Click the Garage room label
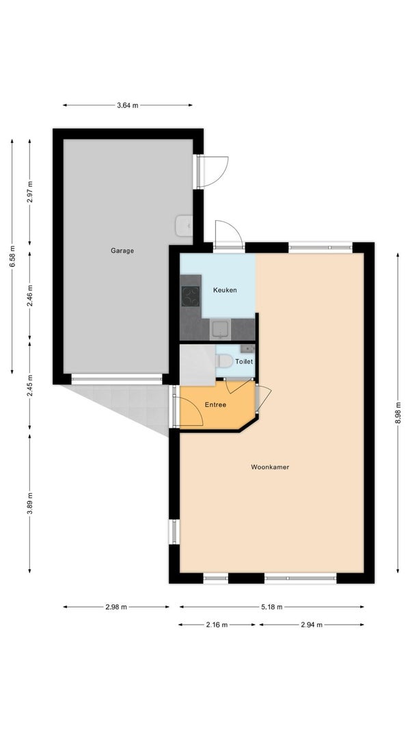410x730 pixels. (x=122, y=250)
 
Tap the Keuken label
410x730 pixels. (x=225, y=290)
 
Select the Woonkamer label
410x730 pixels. (x=270, y=467)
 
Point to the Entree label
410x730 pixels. (x=216, y=405)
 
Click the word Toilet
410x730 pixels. (x=244, y=362)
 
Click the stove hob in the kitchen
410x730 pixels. (x=190, y=296)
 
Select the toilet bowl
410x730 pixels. (x=224, y=361)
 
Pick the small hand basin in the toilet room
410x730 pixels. (x=247, y=348)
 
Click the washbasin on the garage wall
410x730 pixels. (x=184, y=226)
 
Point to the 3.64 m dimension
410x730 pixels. (x=127, y=105)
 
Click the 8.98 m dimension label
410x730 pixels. (x=398, y=413)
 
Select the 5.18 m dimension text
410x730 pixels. (x=272, y=607)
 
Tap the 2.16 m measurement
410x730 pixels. (x=217, y=625)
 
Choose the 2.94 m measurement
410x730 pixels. (x=312, y=625)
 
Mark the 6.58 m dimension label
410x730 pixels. (x=12, y=256)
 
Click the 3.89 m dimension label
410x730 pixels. (x=30, y=504)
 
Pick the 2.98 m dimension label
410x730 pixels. (x=116, y=607)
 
